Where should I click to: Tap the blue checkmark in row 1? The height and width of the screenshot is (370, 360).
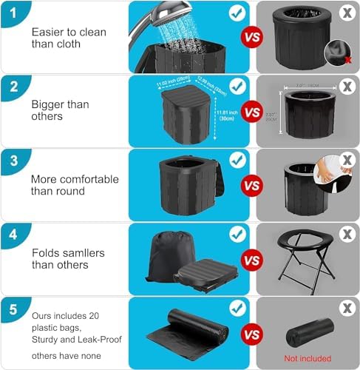tap(236, 13)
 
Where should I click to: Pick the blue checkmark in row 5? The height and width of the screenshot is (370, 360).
tap(236, 308)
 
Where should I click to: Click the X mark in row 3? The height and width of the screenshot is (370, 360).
tap(346, 160)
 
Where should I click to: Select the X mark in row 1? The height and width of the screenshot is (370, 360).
tap(346, 13)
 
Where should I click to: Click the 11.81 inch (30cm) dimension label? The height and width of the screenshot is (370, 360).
tap(225, 117)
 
